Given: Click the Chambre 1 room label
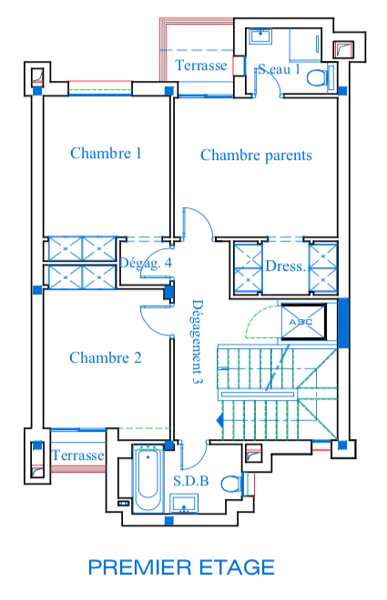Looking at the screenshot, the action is pyautogui.click(x=106, y=153).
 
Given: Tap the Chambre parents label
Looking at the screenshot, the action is pyautogui.click(x=256, y=155).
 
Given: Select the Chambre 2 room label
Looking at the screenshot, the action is pyautogui.click(x=106, y=358).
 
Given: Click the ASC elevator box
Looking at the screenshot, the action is pyautogui.click(x=304, y=322).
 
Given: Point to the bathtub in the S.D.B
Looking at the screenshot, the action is pyautogui.click(x=148, y=479).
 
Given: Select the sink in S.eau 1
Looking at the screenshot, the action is pyautogui.click(x=260, y=36).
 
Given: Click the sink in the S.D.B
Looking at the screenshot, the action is pyautogui.click(x=184, y=504).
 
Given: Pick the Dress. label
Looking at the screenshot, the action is pyautogui.click(x=286, y=266).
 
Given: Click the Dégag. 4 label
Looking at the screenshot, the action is pyautogui.click(x=146, y=263).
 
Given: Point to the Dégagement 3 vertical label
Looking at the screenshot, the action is pyautogui.click(x=197, y=341).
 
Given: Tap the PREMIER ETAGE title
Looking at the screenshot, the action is pyautogui.click(x=181, y=567).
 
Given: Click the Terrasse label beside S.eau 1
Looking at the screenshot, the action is pyautogui.click(x=200, y=65).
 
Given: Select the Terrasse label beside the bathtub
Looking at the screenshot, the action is pyautogui.click(x=77, y=455).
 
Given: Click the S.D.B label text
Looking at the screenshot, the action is pyautogui.click(x=191, y=481).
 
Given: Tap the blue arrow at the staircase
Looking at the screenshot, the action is pyautogui.click(x=220, y=420).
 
